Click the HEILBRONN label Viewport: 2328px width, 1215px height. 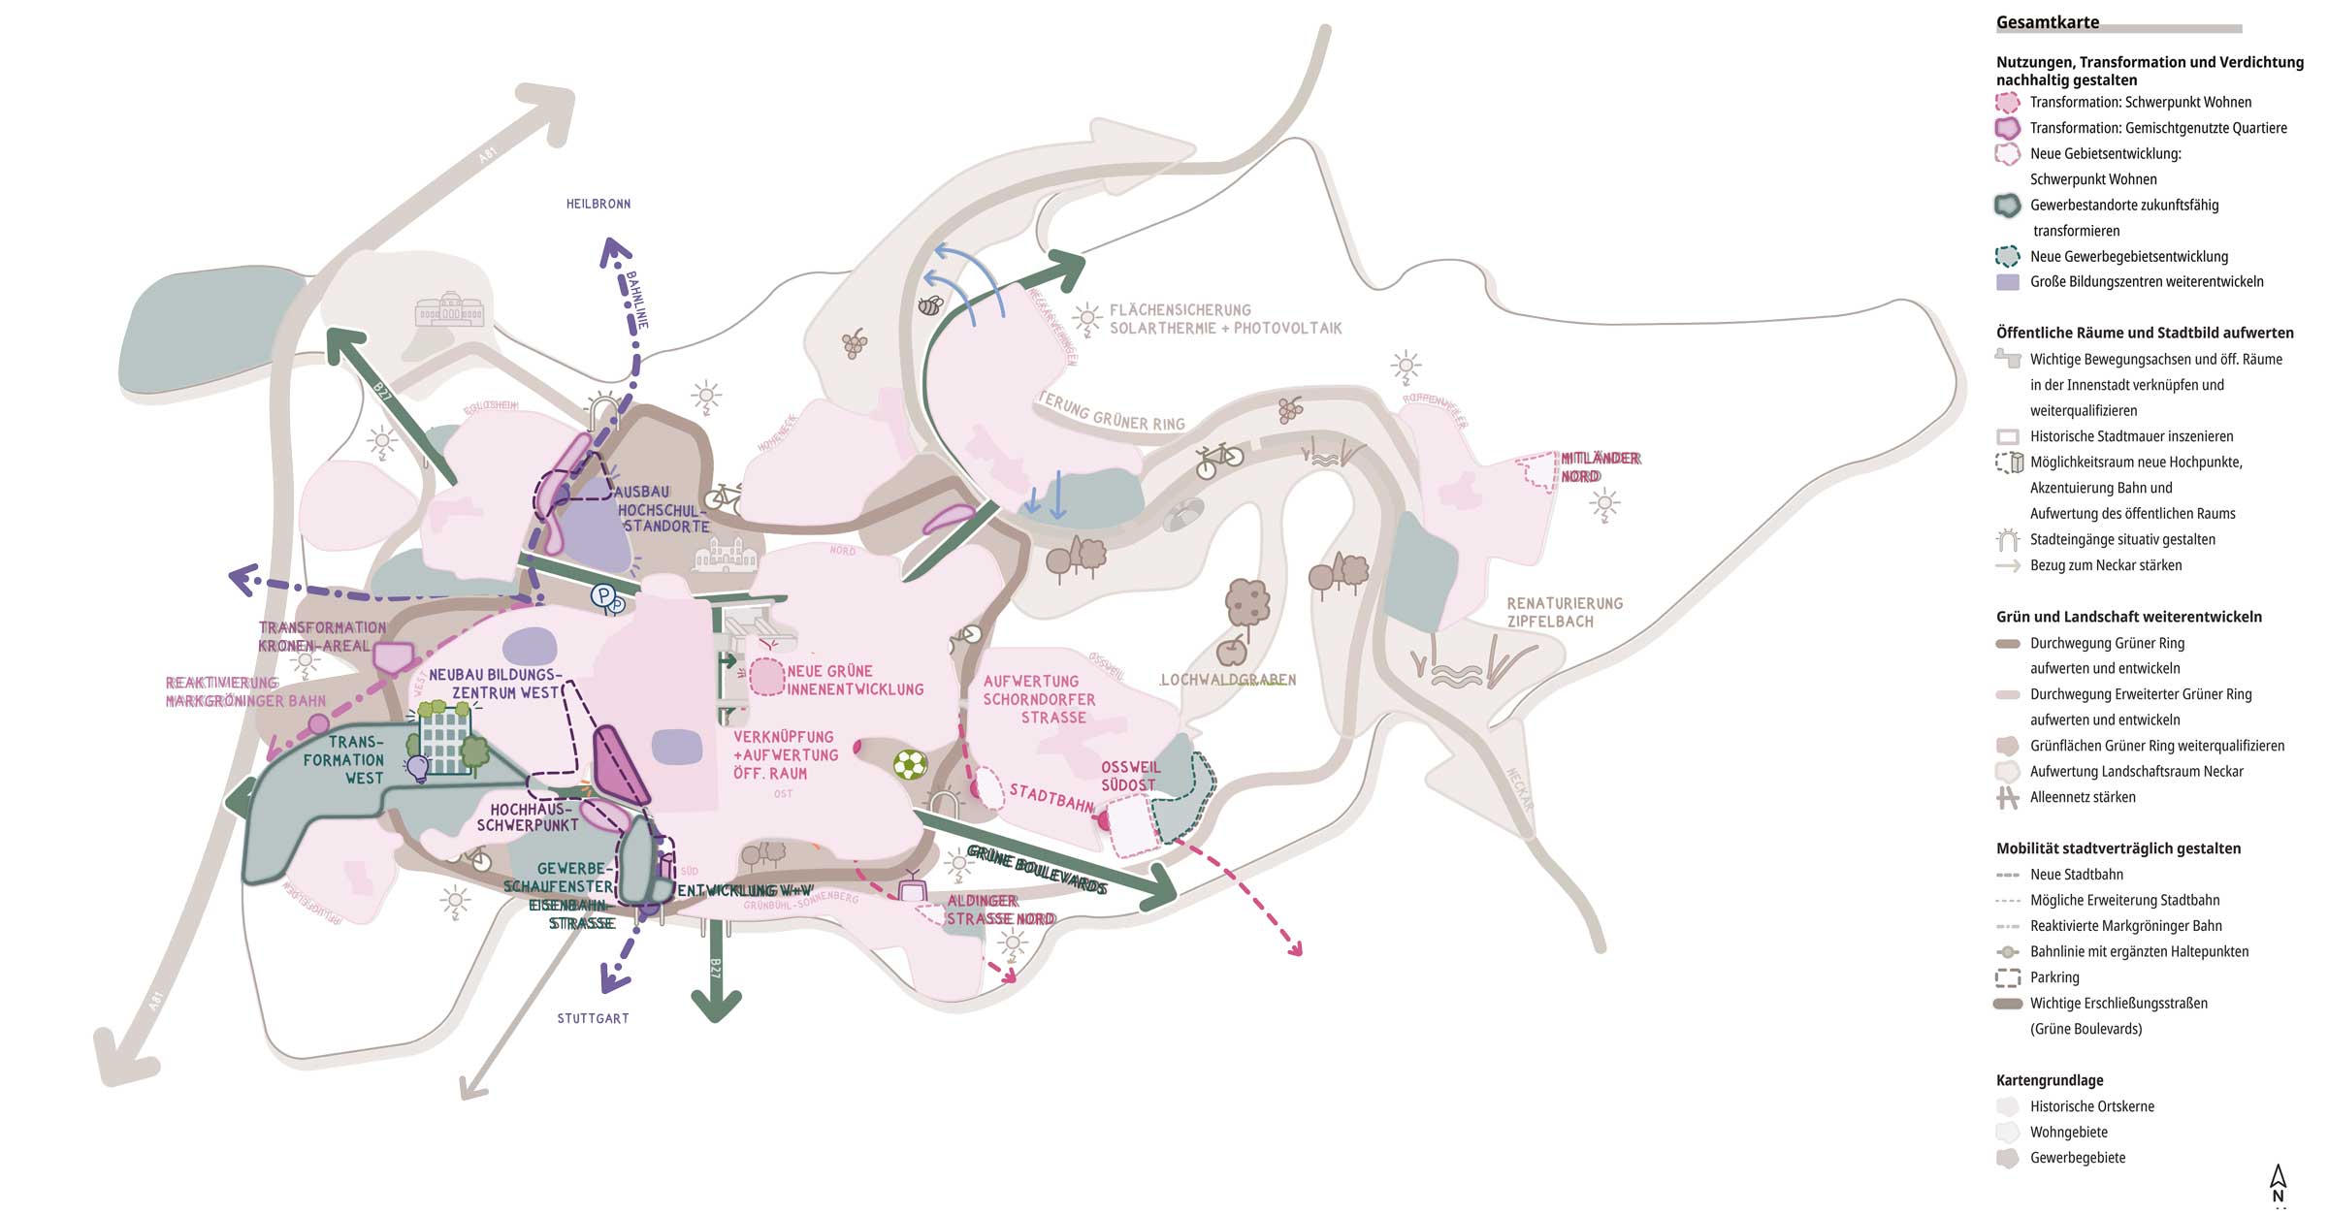(x=598, y=204)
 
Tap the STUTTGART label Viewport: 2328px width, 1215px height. (x=593, y=1018)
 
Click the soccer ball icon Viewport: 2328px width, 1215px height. (x=910, y=765)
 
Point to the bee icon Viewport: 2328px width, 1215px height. (x=930, y=305)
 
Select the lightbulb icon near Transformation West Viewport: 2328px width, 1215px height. (x=418, y=769)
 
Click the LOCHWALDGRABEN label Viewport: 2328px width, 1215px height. (x=1228, y=680)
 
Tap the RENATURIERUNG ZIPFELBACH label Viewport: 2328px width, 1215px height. (x=1564, y=612)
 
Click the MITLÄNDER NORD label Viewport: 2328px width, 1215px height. (x=1600, y=466)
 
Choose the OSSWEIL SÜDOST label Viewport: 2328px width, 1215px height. (x=1129, y=776)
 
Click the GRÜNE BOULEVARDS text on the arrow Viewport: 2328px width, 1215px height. (x=1037, y=869)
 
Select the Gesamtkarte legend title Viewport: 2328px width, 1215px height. (x=2048, y=22)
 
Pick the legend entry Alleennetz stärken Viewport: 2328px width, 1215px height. (x=2083, y=797)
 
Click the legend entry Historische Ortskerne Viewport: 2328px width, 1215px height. (x=2091, y=1106)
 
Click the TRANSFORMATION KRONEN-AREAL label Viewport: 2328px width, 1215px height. (x=321, y=636)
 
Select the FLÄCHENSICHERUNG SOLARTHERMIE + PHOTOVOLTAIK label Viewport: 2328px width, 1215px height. (x=1225, y=319)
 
